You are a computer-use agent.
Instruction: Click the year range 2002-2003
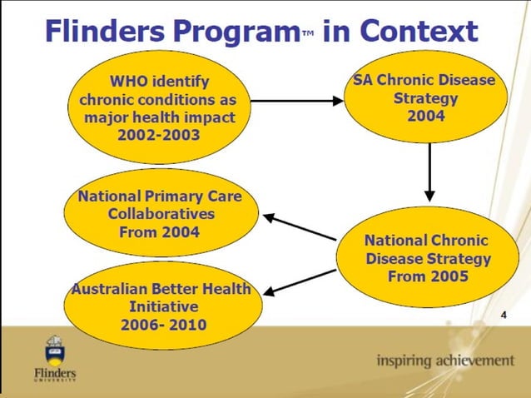tap(159, 133)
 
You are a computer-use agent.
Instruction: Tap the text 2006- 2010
tap(161, 323)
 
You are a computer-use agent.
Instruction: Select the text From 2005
tap(428, 276)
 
